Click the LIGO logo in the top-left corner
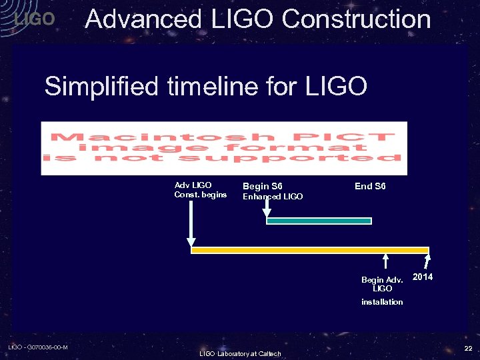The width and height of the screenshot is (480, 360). (x=34, y=19)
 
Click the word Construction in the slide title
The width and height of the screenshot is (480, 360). (x=356, y=19)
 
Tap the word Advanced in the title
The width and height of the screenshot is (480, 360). (x=143, y=19)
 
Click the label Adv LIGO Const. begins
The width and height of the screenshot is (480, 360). (x=200, y=190)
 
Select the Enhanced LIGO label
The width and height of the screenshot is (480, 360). (x=272, y=197)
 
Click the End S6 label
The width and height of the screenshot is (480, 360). (x=370, y=186)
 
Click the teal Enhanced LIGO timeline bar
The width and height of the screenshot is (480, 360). (x=319, y=221)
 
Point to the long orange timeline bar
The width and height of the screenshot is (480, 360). (x=310, y=250)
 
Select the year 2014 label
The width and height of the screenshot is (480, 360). (x=423, y=277)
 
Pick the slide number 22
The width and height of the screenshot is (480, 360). (x=468, y=348)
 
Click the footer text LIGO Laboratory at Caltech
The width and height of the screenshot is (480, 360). (x=240, y=353)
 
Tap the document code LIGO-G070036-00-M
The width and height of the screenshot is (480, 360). (x=37, y=347)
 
